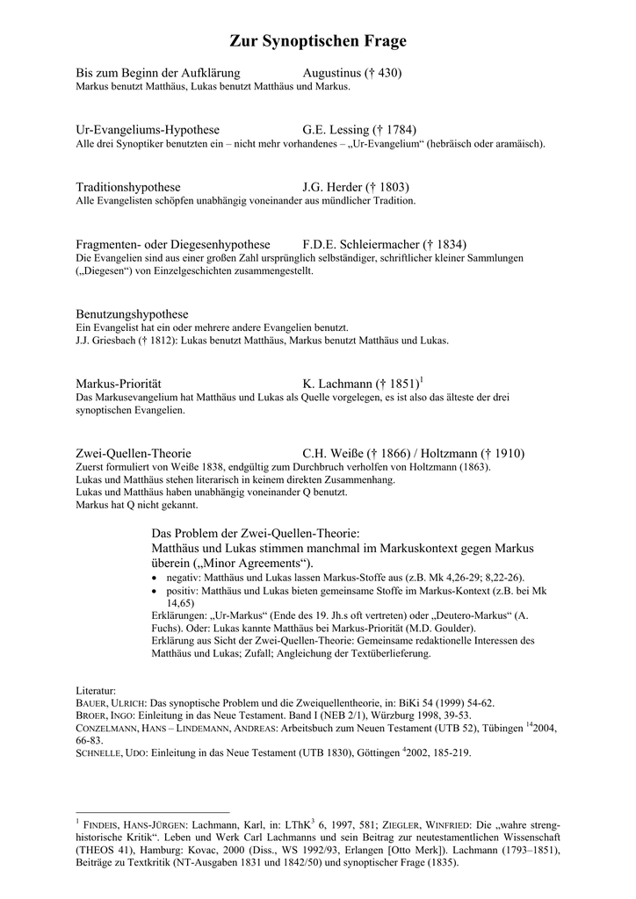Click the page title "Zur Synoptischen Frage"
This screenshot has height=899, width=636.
[x=318, y=41]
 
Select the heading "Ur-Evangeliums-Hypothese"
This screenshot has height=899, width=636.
[x=148, y=130]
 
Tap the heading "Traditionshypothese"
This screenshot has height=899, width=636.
[x=128, y=187]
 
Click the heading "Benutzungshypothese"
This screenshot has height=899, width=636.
[x=133, y=313]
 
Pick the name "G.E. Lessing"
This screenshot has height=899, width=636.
[x=335, y=130]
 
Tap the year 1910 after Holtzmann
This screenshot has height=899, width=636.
[x=507, y=454]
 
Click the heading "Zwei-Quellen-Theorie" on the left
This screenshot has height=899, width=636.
[x=134, y=454]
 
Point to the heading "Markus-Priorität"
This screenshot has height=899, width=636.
[x=119, y=384]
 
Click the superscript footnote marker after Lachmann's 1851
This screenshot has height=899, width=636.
[x=422, y=379]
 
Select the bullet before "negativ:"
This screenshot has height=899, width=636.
[x=155, y=578]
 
